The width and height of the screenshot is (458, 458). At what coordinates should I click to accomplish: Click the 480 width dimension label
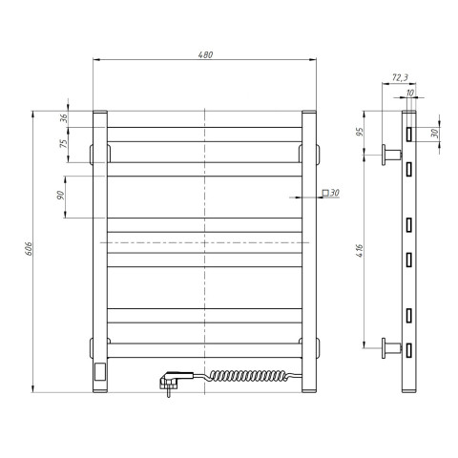coord(205,54)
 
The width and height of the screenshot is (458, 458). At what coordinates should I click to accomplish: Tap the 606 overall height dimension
coord(29,248)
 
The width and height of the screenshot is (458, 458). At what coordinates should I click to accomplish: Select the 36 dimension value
coord(64,118)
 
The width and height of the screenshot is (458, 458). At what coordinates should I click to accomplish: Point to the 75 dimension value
coord(64,144)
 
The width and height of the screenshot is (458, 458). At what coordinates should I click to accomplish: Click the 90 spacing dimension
coord(60,196)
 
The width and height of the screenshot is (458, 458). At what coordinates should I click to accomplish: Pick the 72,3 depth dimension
coord(400,77)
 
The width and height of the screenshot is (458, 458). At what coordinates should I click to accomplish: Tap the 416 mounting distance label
coord(360,251)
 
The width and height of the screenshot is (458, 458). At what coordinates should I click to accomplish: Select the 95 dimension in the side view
coord(360,132)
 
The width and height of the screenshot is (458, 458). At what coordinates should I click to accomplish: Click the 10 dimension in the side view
coord(410,93)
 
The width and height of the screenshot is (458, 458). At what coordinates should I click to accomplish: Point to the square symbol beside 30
coord(325,193)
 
